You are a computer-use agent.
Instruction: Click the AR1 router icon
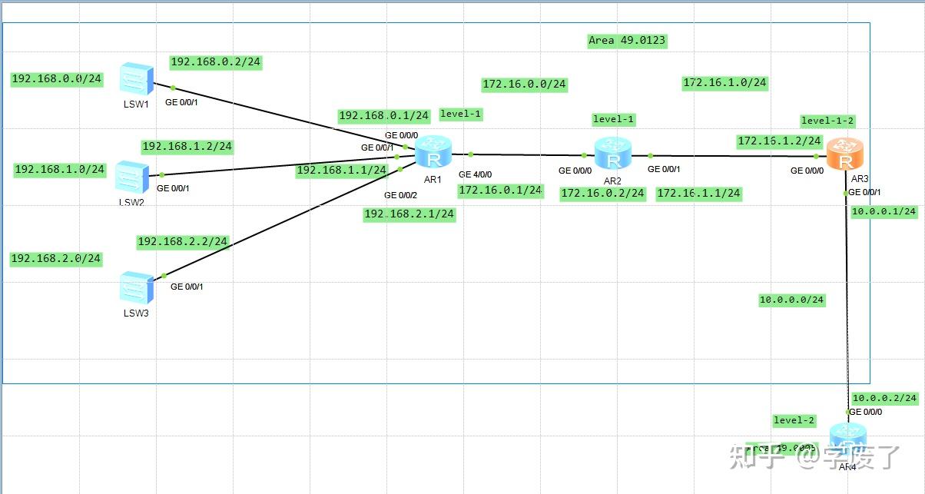433,154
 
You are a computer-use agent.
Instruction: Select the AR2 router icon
612,154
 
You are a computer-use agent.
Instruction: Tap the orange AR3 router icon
845,154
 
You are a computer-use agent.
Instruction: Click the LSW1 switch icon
137,79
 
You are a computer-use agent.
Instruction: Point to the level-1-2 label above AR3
827,121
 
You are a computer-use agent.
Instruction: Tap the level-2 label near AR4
794,420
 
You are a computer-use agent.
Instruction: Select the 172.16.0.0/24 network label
524,85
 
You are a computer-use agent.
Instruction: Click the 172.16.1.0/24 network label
724,83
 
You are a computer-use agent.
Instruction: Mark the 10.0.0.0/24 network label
791,300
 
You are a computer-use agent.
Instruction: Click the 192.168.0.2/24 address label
216,62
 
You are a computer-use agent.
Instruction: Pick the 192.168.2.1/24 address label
409,215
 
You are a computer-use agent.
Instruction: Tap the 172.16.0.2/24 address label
602,194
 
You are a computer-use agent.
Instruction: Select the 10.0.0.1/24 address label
884,211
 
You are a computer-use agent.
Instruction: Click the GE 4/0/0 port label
475,174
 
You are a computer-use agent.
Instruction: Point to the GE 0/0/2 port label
400,195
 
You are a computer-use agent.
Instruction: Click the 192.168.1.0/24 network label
60,170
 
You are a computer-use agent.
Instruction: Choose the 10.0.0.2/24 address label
884,398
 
